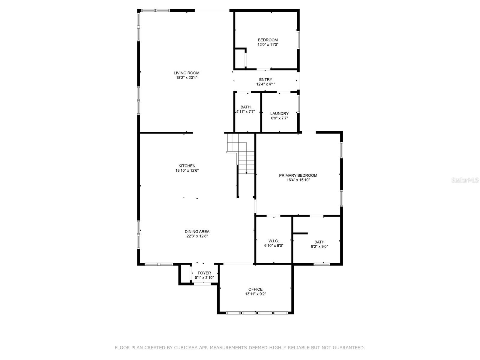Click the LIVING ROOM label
point(186,73)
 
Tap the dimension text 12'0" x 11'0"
point(268,45)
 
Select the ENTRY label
point(265,79)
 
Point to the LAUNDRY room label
point(279,113)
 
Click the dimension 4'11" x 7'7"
point(245,112)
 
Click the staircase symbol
point(242,153)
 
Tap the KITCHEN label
point(187,166)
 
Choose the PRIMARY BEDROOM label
point(298,175)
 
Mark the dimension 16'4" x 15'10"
point(298,180)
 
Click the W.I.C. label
point(273,241)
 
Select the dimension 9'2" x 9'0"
point(319,247)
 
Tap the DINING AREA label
point(197,232)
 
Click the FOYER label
point(204,273)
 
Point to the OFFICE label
point(255,289)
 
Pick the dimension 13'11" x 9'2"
point(255,294)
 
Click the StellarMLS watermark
point(465,180)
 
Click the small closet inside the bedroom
point(240,58)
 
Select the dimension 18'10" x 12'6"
point(187,171)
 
